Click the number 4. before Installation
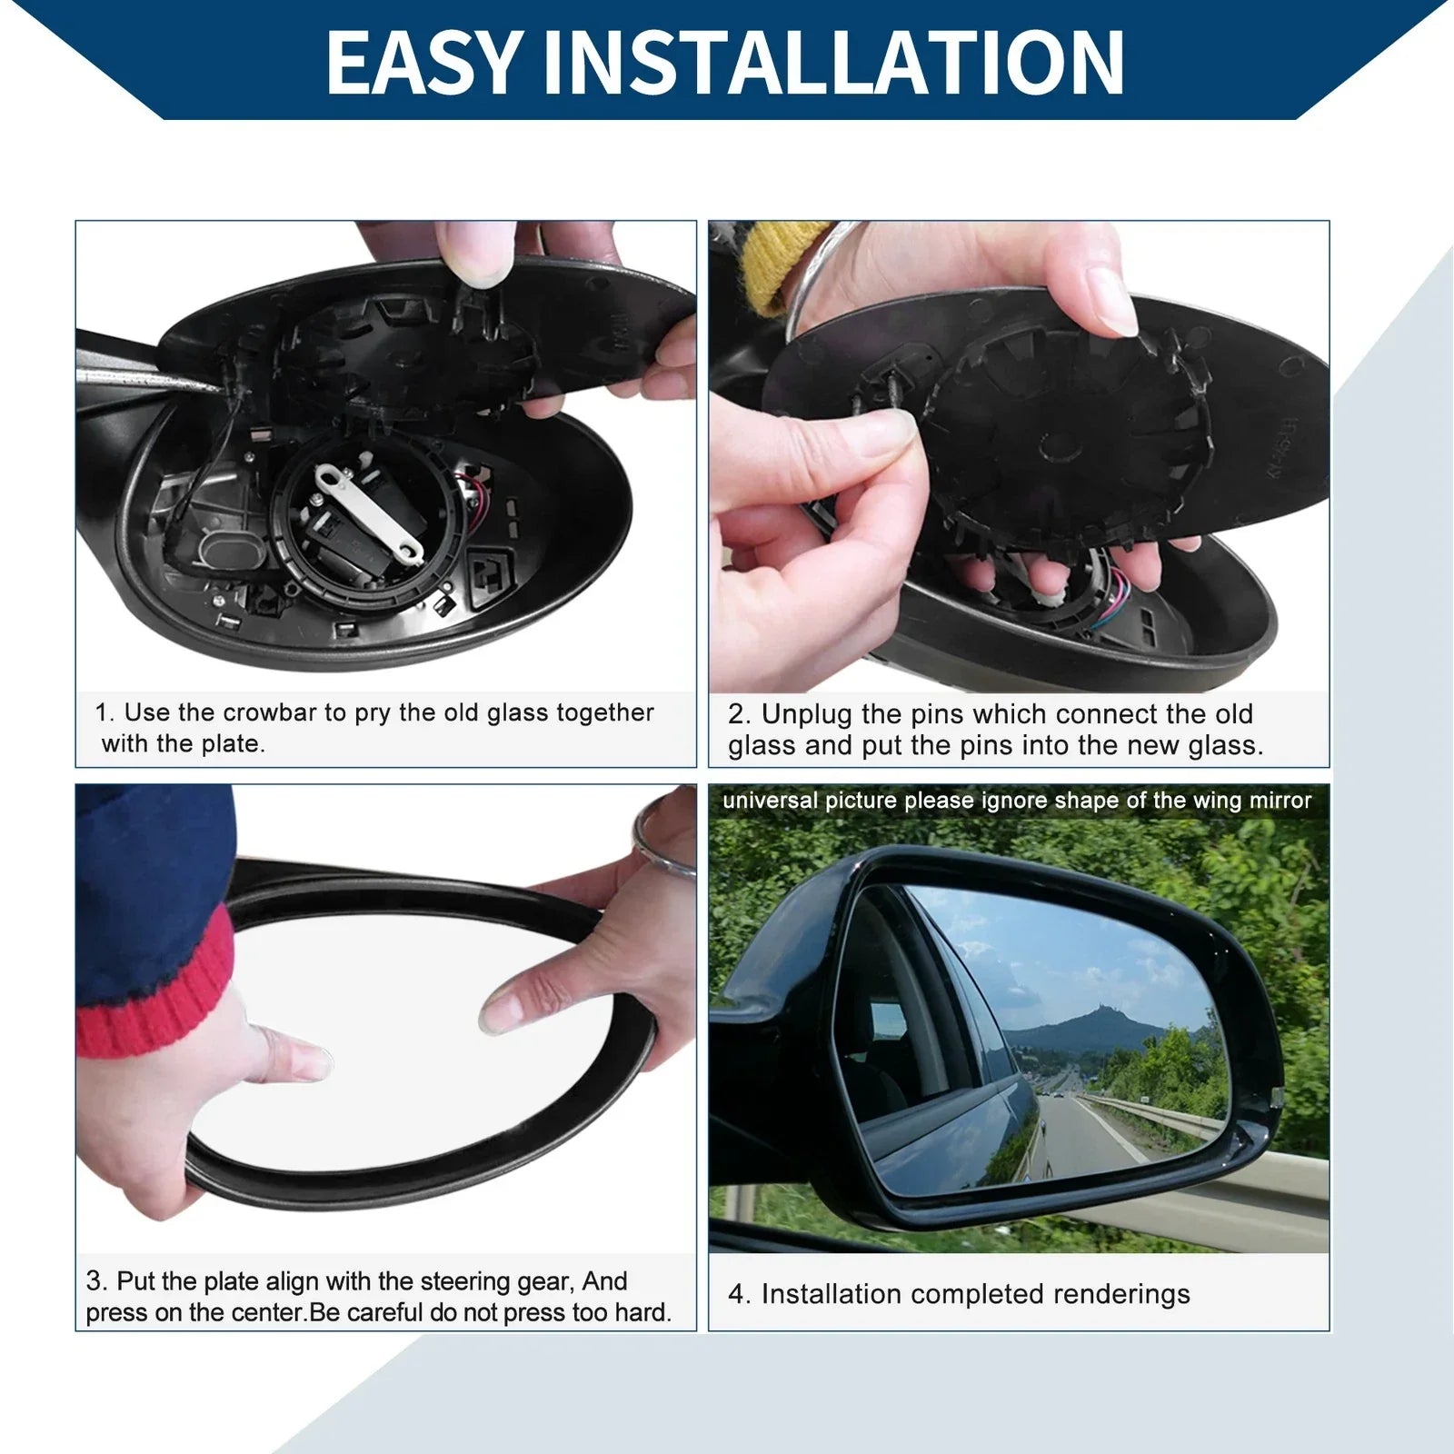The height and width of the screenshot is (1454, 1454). pyautogui.click(x=739, y=1295)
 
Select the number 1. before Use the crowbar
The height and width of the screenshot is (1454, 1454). pyautogui.click(x=105, y=712)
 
